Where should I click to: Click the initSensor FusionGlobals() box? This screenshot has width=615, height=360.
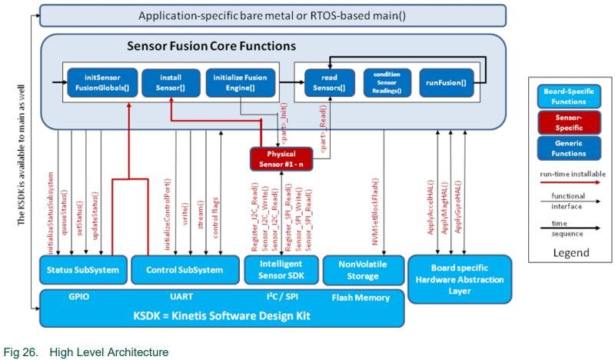click(x=102, y=82)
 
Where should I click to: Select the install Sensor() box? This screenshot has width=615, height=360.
click(x=170, y=82)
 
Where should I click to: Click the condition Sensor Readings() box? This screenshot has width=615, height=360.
click(x=387, y=82)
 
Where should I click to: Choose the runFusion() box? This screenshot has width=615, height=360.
click(x=446, y=82)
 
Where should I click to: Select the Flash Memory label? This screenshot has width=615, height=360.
click(x=361, y=298)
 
